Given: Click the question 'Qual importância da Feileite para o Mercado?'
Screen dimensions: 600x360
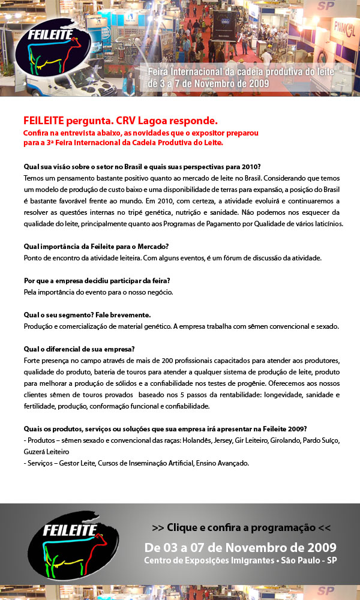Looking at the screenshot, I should [96, 245].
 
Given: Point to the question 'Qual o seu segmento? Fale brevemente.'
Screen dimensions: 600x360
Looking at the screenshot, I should [87, 314].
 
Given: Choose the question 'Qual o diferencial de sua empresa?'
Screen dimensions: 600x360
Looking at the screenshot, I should [79, 349].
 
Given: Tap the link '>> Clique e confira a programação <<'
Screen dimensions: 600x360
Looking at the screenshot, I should [241, 527].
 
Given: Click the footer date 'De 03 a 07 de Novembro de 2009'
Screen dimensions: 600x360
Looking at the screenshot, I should [241, 547].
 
